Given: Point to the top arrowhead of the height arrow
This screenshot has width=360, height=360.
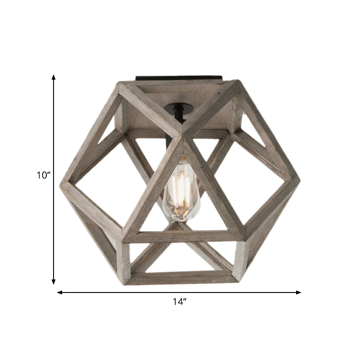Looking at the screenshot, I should tap(54, 77).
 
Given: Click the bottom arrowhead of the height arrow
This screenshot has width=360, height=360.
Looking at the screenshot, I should tap(54, 282).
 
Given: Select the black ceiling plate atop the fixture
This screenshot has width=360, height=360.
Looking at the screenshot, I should tap(180, 78).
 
